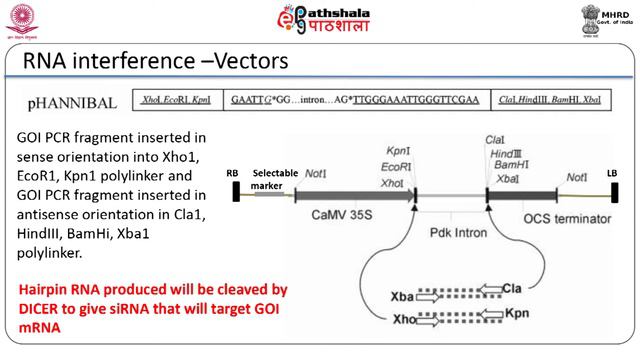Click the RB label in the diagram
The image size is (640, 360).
point(233,173)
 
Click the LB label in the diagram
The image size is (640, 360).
point(612,173)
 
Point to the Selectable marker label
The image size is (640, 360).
point(275,178)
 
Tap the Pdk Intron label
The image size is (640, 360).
point(449,233)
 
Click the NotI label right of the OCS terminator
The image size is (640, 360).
point(577,177)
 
